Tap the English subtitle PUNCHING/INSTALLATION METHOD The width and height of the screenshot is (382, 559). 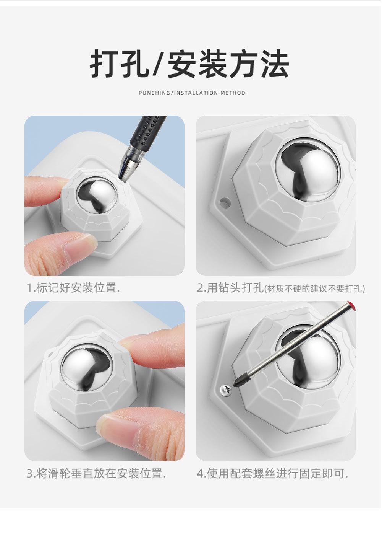pos(192,93)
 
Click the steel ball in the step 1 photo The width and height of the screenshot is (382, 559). pos(97,196)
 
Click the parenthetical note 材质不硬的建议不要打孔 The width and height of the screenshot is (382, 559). pos(314,289)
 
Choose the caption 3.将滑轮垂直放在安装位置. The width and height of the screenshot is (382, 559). pos(96,473)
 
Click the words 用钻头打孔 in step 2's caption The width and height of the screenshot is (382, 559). pos(235,288)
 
